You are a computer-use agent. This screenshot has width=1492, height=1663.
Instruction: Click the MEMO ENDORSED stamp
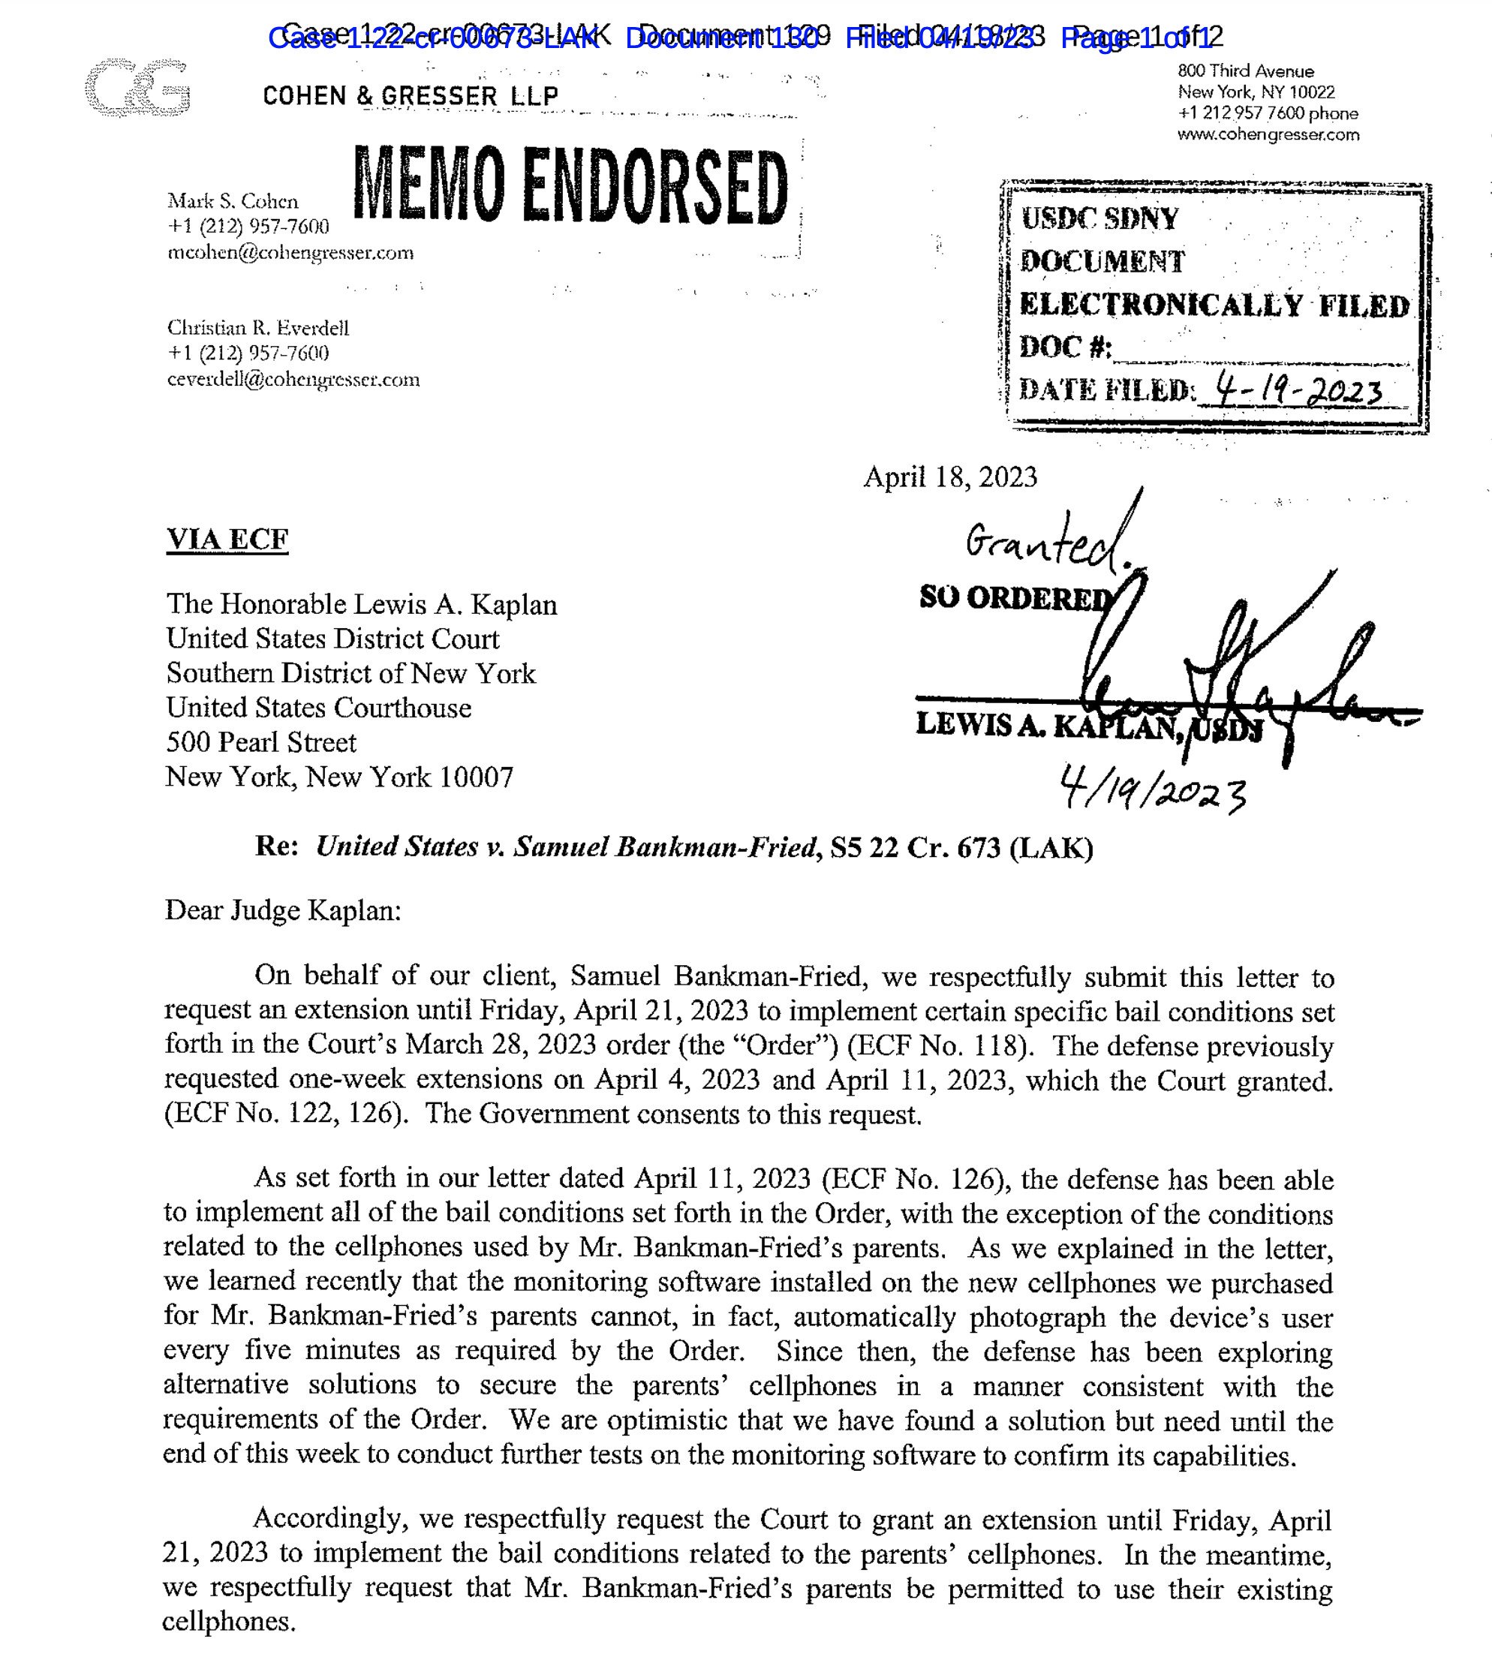pos(571,187)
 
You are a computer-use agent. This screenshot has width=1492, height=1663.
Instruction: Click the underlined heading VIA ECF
pos(227,540)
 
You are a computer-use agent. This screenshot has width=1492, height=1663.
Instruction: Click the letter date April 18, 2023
pos(950,477)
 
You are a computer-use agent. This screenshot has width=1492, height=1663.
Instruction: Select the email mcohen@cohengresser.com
pos(290,252)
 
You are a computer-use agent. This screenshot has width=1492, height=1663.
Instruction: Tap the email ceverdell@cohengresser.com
pos(293,380)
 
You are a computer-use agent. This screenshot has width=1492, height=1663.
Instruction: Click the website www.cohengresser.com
pos(1268,134)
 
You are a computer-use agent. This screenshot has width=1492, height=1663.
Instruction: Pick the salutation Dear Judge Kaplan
pos(283,910)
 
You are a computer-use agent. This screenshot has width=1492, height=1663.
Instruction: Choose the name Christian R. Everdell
pos(258,328)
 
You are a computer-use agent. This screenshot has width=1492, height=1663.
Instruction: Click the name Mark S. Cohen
pos(233,201)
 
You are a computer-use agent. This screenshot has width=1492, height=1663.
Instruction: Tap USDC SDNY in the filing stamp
pos(1099,219)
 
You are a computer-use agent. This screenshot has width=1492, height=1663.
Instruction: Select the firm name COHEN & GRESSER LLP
pos(411,96)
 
